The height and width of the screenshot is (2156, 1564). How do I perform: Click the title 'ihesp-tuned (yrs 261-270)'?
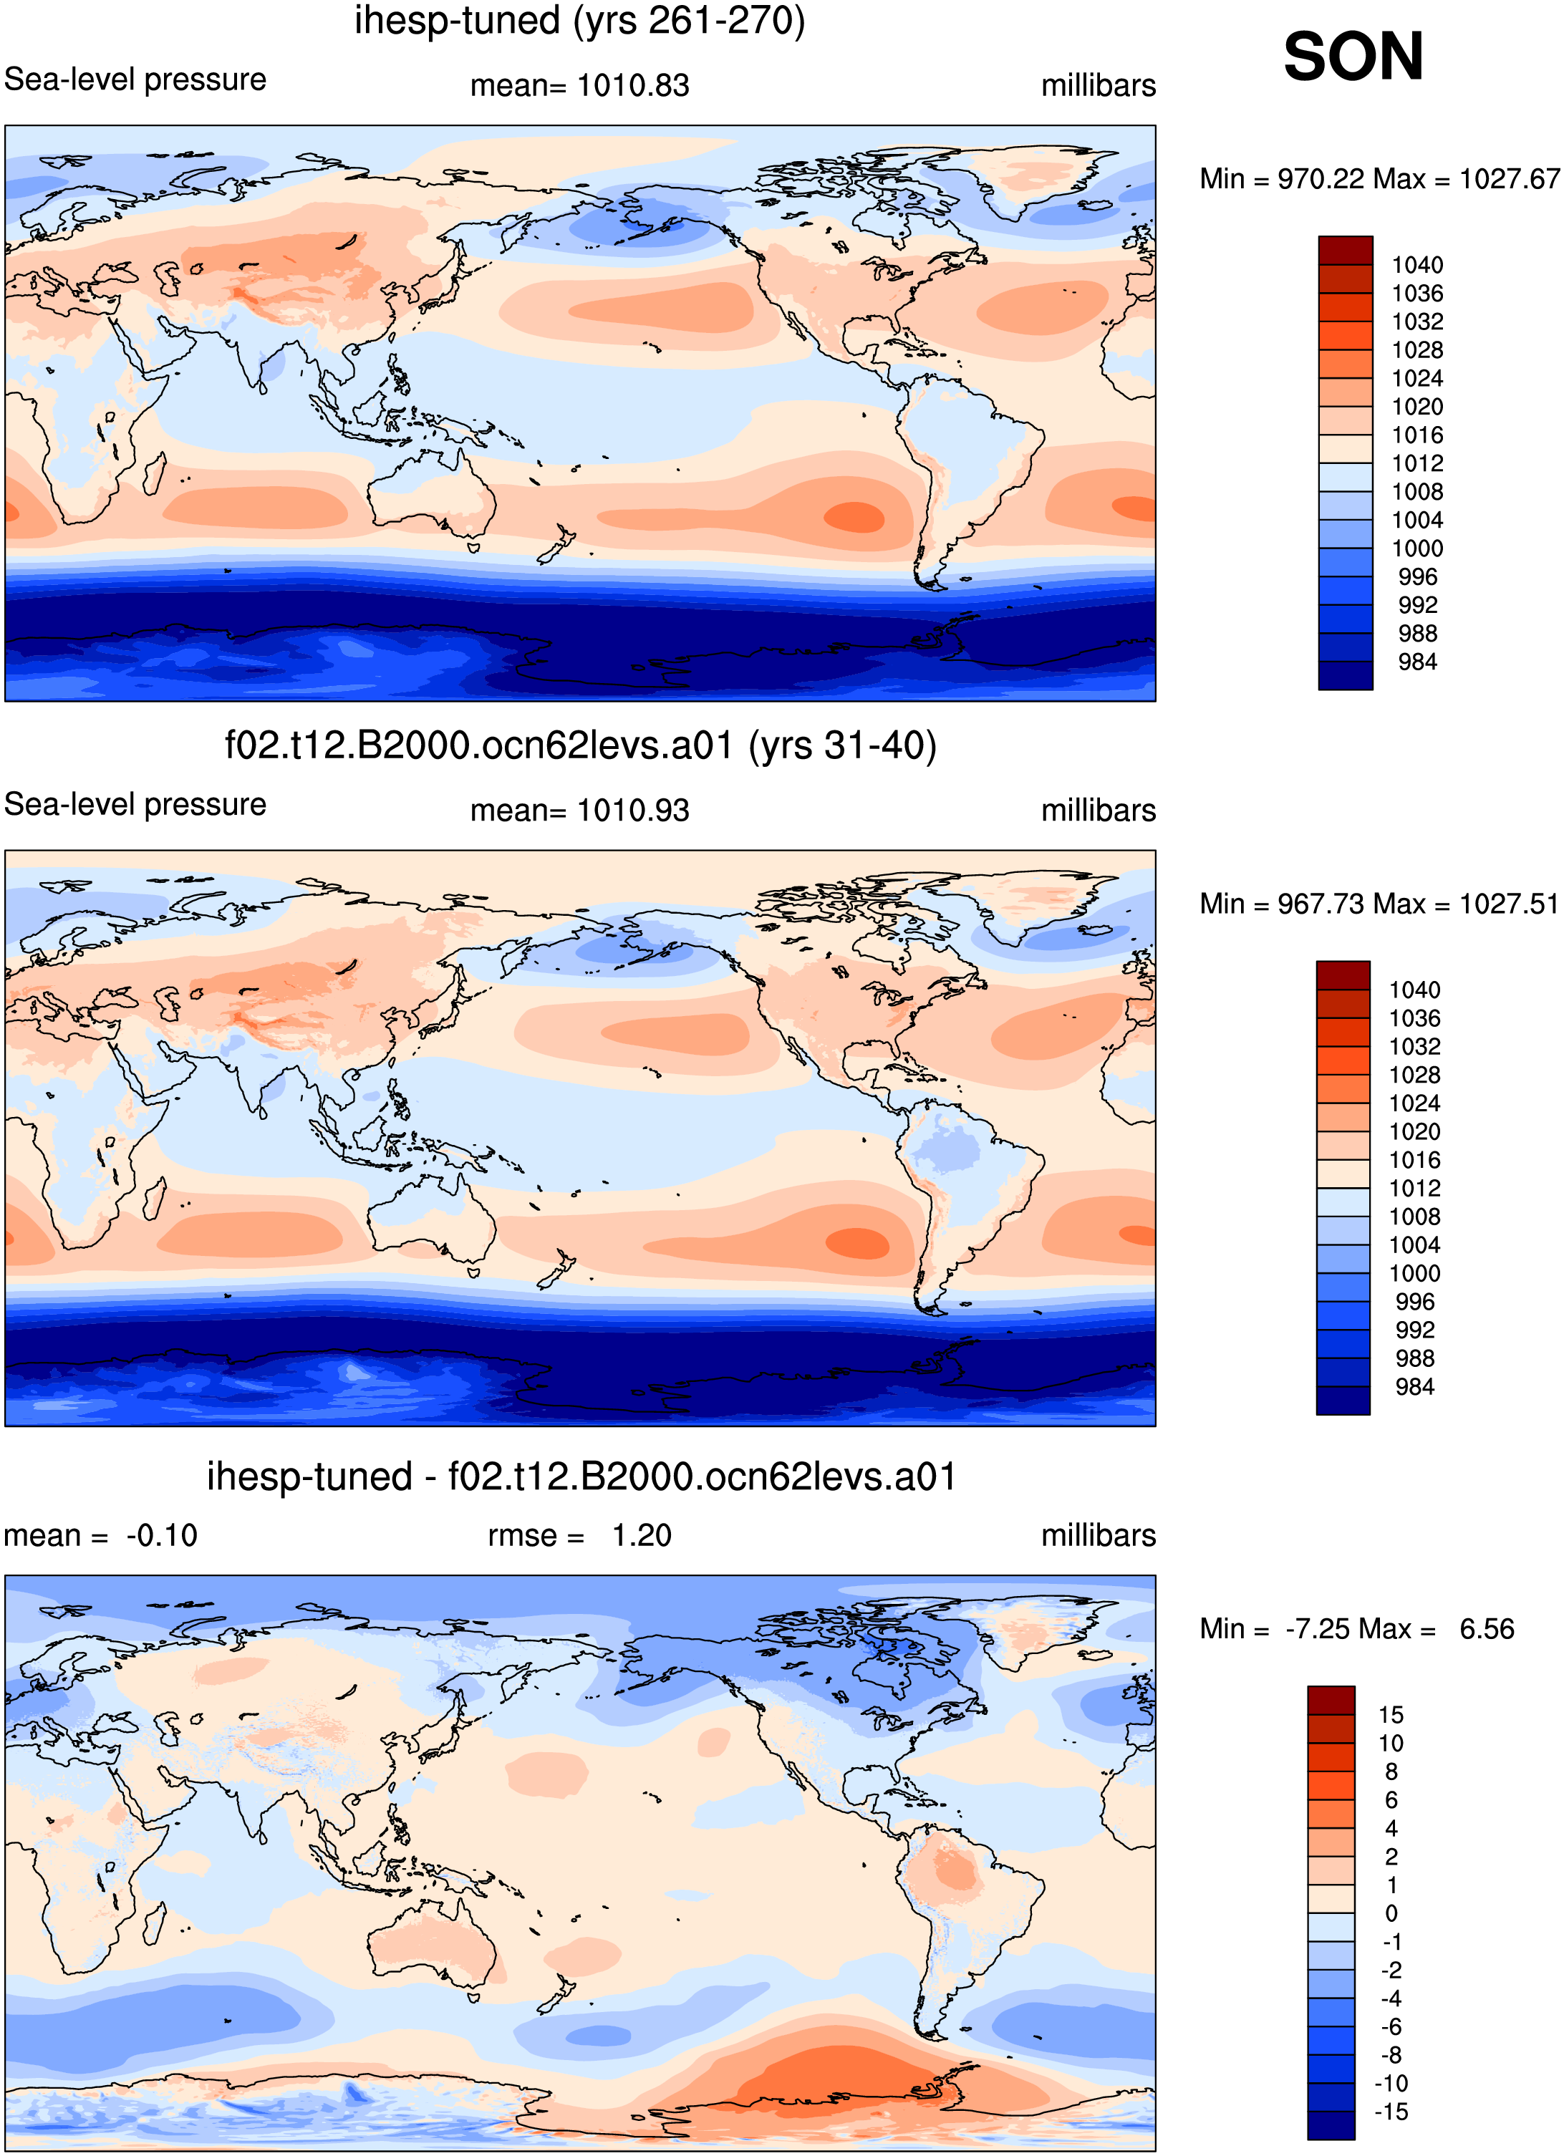click(x=580, y=21)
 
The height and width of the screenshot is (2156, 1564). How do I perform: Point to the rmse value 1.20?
click(x=642, y=1535)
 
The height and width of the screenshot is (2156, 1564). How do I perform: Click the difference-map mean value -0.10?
click(x=162, y=1535)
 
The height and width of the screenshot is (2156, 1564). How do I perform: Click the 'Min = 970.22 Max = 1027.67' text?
click(x=1379, y=179)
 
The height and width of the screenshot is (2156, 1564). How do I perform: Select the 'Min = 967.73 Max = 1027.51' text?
click(x=1379, y=903)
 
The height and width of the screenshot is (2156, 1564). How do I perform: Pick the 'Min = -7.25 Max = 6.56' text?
click(x=1357, y=1628)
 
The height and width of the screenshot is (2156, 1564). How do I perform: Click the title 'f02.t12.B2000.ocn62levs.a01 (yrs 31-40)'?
click(x=580, y=745)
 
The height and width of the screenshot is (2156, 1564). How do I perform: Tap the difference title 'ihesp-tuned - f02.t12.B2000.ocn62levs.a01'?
click(x=581, y=1476)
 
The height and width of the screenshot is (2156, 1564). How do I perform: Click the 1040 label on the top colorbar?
click(x=1418, y=265)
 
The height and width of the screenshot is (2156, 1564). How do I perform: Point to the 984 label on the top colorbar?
click(x=1418, y=662)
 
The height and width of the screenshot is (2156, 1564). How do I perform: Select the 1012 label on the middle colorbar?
click(x=1415, y=1189)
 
